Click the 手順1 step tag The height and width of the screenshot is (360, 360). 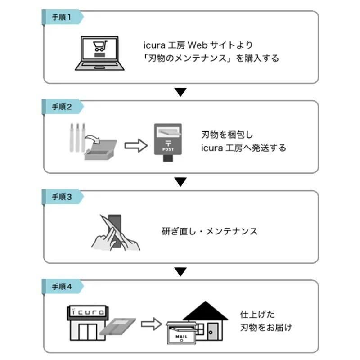click(x=63, y=17)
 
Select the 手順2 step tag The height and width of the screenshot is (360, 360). click(x=63, y=107)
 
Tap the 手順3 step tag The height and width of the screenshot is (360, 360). click(x=63, y=197)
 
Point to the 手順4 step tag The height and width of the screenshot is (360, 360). click(x=63, y=286)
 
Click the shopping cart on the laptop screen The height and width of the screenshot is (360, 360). click(x=100, y=46)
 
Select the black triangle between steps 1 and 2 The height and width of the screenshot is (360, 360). click(x=180, y=92)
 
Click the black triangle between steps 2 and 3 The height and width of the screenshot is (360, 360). click(x=180, y=182)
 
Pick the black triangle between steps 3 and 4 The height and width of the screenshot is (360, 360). click(x=180, y=272)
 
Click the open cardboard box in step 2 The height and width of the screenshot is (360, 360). click(x=100, y=150)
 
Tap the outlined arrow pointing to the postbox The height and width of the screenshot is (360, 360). click(x=136, y=145)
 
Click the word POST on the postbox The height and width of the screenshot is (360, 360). click(x=168, y=149)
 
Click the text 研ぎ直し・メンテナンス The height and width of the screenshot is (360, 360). click(x=210, y=231)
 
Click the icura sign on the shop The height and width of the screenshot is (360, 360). click(x=88, y=312)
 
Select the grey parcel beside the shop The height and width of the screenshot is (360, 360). click(x=117, y=326)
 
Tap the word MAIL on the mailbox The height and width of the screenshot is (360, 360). click(x=181, y=337)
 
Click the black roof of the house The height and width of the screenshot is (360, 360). click(x=206, y=310)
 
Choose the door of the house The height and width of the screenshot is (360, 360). click(x=213, y=331)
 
